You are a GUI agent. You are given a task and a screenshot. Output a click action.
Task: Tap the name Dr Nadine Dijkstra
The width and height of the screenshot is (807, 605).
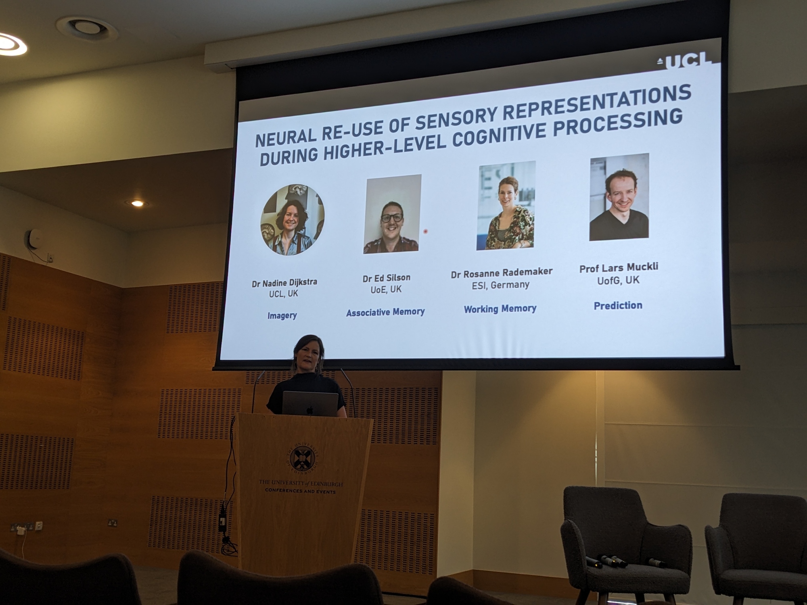284,282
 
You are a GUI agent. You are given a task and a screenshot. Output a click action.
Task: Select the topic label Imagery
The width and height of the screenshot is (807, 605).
282,315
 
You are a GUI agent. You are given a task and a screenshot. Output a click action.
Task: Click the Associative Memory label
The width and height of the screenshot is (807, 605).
385,312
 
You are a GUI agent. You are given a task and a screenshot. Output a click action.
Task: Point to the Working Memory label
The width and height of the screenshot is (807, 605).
500,309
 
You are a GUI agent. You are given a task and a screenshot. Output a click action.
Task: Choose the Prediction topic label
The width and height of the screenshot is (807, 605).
618,306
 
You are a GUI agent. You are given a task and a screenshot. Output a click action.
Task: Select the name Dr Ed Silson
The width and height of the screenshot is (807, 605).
386,278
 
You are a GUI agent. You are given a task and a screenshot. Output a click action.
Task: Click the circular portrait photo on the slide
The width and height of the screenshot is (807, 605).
293,220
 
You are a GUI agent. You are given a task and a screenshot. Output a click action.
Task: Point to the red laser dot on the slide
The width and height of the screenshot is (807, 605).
425,232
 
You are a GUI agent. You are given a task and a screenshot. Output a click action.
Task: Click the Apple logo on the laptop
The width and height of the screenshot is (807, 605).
309,410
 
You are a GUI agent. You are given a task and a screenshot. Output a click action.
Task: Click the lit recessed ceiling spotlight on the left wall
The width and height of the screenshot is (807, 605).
137,203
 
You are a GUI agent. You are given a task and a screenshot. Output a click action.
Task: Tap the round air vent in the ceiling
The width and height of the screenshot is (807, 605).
87,27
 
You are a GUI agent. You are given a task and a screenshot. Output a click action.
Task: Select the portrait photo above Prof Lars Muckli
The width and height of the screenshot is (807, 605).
619,197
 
